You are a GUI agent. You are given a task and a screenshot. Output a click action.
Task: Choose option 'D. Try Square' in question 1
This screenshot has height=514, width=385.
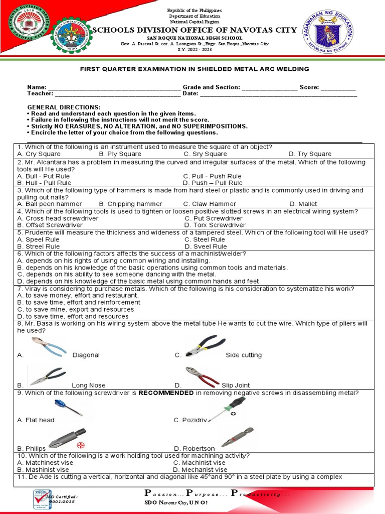(x=310, y=154)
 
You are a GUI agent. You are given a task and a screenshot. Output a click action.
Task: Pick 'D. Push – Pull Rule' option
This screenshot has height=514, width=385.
(x=213, y=183)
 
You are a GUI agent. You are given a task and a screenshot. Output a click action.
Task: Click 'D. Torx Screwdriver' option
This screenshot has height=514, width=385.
(x=215, y=225)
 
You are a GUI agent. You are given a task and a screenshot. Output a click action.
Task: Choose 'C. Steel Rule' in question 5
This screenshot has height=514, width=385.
(x=205, y=239)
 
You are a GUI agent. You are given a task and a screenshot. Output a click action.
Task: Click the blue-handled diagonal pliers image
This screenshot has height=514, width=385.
(x=49, y=347)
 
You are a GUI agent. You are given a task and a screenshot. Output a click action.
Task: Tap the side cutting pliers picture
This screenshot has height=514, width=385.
(x=205, y=346)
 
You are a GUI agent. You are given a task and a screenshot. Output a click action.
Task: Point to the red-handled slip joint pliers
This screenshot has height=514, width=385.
(x=202, y=377)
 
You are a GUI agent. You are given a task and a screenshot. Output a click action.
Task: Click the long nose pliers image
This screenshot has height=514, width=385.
(x=48, y=376)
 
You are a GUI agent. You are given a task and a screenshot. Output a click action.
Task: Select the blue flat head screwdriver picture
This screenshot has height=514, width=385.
(x=68, y=407)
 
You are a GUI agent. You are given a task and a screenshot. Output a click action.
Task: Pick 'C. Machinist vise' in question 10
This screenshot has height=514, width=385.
(x=199, y=463)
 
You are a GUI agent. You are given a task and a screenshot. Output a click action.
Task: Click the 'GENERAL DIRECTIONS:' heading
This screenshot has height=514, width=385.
(x=64, y=107)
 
